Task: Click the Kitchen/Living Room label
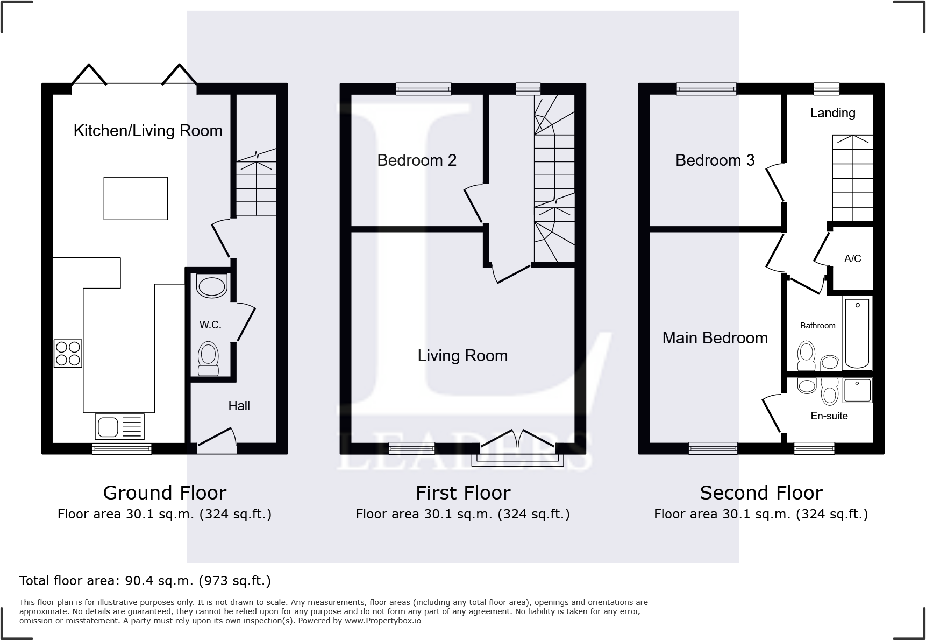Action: click(148, 131)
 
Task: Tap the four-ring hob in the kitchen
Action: click(68, 354)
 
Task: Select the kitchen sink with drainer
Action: click(119, 426)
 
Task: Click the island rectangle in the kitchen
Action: click(136, 198)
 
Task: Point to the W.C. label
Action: click(210, 325)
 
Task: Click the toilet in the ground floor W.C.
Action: click(209, 358)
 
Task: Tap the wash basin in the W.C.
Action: click(212, 286)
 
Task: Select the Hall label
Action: click(239, 406)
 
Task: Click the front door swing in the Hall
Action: click(217, 438)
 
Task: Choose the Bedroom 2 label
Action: click(417, 160)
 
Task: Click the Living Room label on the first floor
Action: click(462, 355)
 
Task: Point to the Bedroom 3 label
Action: click(715, 160)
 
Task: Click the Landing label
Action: click(832, 113)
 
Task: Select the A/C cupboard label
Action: click(852, 258)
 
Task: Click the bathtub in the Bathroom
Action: click(857, 333)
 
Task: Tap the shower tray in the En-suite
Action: click(857, 391)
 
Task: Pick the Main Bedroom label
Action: click(715, 337)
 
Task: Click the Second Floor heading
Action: click(761, 493)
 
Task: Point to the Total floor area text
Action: click(145, 581)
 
